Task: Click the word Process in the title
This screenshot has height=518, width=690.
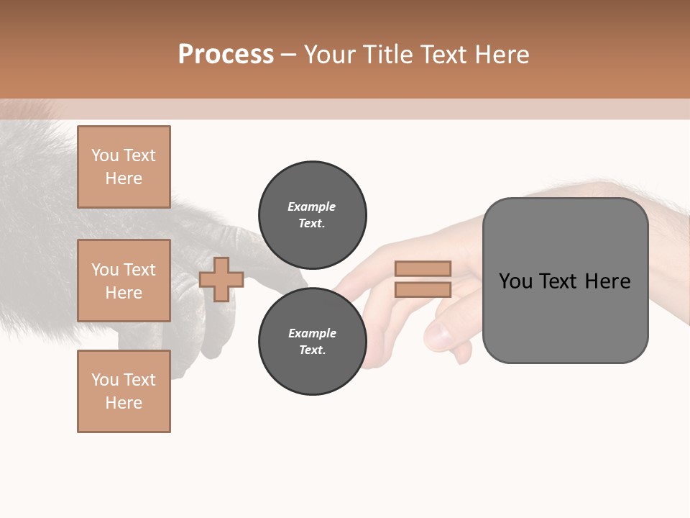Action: [226, 55]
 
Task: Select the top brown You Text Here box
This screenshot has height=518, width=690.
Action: [124, 167]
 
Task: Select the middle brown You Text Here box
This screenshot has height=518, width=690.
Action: [124, 281]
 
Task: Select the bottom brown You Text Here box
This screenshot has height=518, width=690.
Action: [124, 391]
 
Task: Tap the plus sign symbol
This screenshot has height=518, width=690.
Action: [221, 279]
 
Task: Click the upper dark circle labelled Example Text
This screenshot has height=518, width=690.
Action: [312, 214]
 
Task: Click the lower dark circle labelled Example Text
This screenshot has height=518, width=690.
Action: [312, 341]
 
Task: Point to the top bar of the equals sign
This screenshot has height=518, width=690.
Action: [423, 268]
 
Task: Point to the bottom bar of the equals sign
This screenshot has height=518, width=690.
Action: [423, 289]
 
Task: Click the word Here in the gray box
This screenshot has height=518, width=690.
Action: [607, 281]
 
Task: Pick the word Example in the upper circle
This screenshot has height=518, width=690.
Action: [312, 206]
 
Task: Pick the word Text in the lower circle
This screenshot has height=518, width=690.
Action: [312, 350]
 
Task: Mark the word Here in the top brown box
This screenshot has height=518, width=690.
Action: [124, 178]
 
